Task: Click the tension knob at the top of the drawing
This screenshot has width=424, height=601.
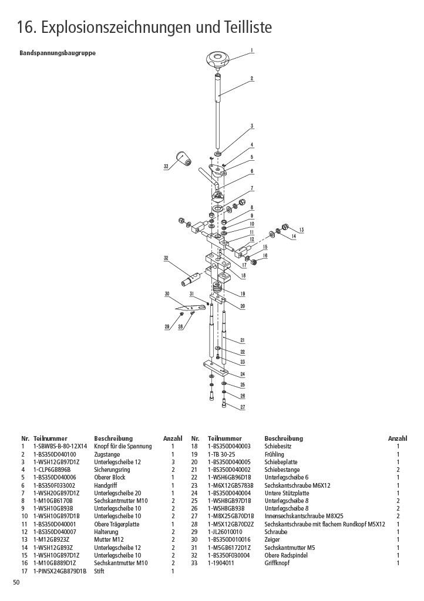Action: click(x=218, y=60)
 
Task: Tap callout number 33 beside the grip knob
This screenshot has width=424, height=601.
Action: click(x=166, y=166)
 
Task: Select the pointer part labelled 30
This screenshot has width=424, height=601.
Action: click(x=190, y=307)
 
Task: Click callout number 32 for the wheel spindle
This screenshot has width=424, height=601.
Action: click(x=166, y=258)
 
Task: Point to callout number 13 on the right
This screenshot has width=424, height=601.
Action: click(x=302, y=229)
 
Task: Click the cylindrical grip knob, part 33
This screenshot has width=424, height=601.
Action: click(x=184, y=158)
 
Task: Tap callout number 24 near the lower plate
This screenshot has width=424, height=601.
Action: click(x=243, y=374)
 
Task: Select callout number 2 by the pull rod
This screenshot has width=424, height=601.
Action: click(x=252, y=78)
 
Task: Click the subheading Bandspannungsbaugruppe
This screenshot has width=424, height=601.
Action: click(x=58, y=53)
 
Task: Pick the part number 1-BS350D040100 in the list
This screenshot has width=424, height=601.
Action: click(x=55, y=454)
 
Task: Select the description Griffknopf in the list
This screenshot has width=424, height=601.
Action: click(x=277, y=563)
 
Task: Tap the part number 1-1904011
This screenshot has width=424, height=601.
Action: click(x=221, y=563)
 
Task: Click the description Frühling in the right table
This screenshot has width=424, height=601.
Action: click(x=274, y=454)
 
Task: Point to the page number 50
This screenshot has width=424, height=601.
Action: click(x=16, y=583)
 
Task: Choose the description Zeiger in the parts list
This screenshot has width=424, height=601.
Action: click(x=272, y=540)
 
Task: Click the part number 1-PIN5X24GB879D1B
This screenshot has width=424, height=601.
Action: click(x=60, y=571)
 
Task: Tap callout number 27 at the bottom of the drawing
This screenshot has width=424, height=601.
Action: click(x=243, y=407)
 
